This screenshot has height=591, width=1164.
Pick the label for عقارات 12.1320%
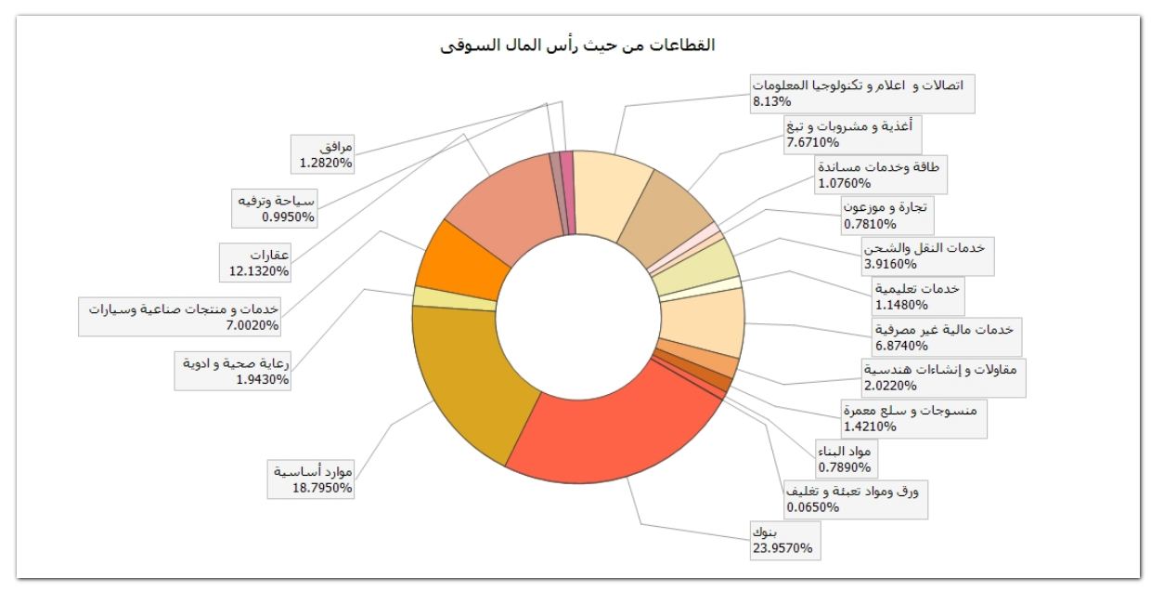tap(256, 262)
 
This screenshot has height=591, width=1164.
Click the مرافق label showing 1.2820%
tap(324, 154)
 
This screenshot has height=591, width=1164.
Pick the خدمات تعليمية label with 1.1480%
tap(916, 295)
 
